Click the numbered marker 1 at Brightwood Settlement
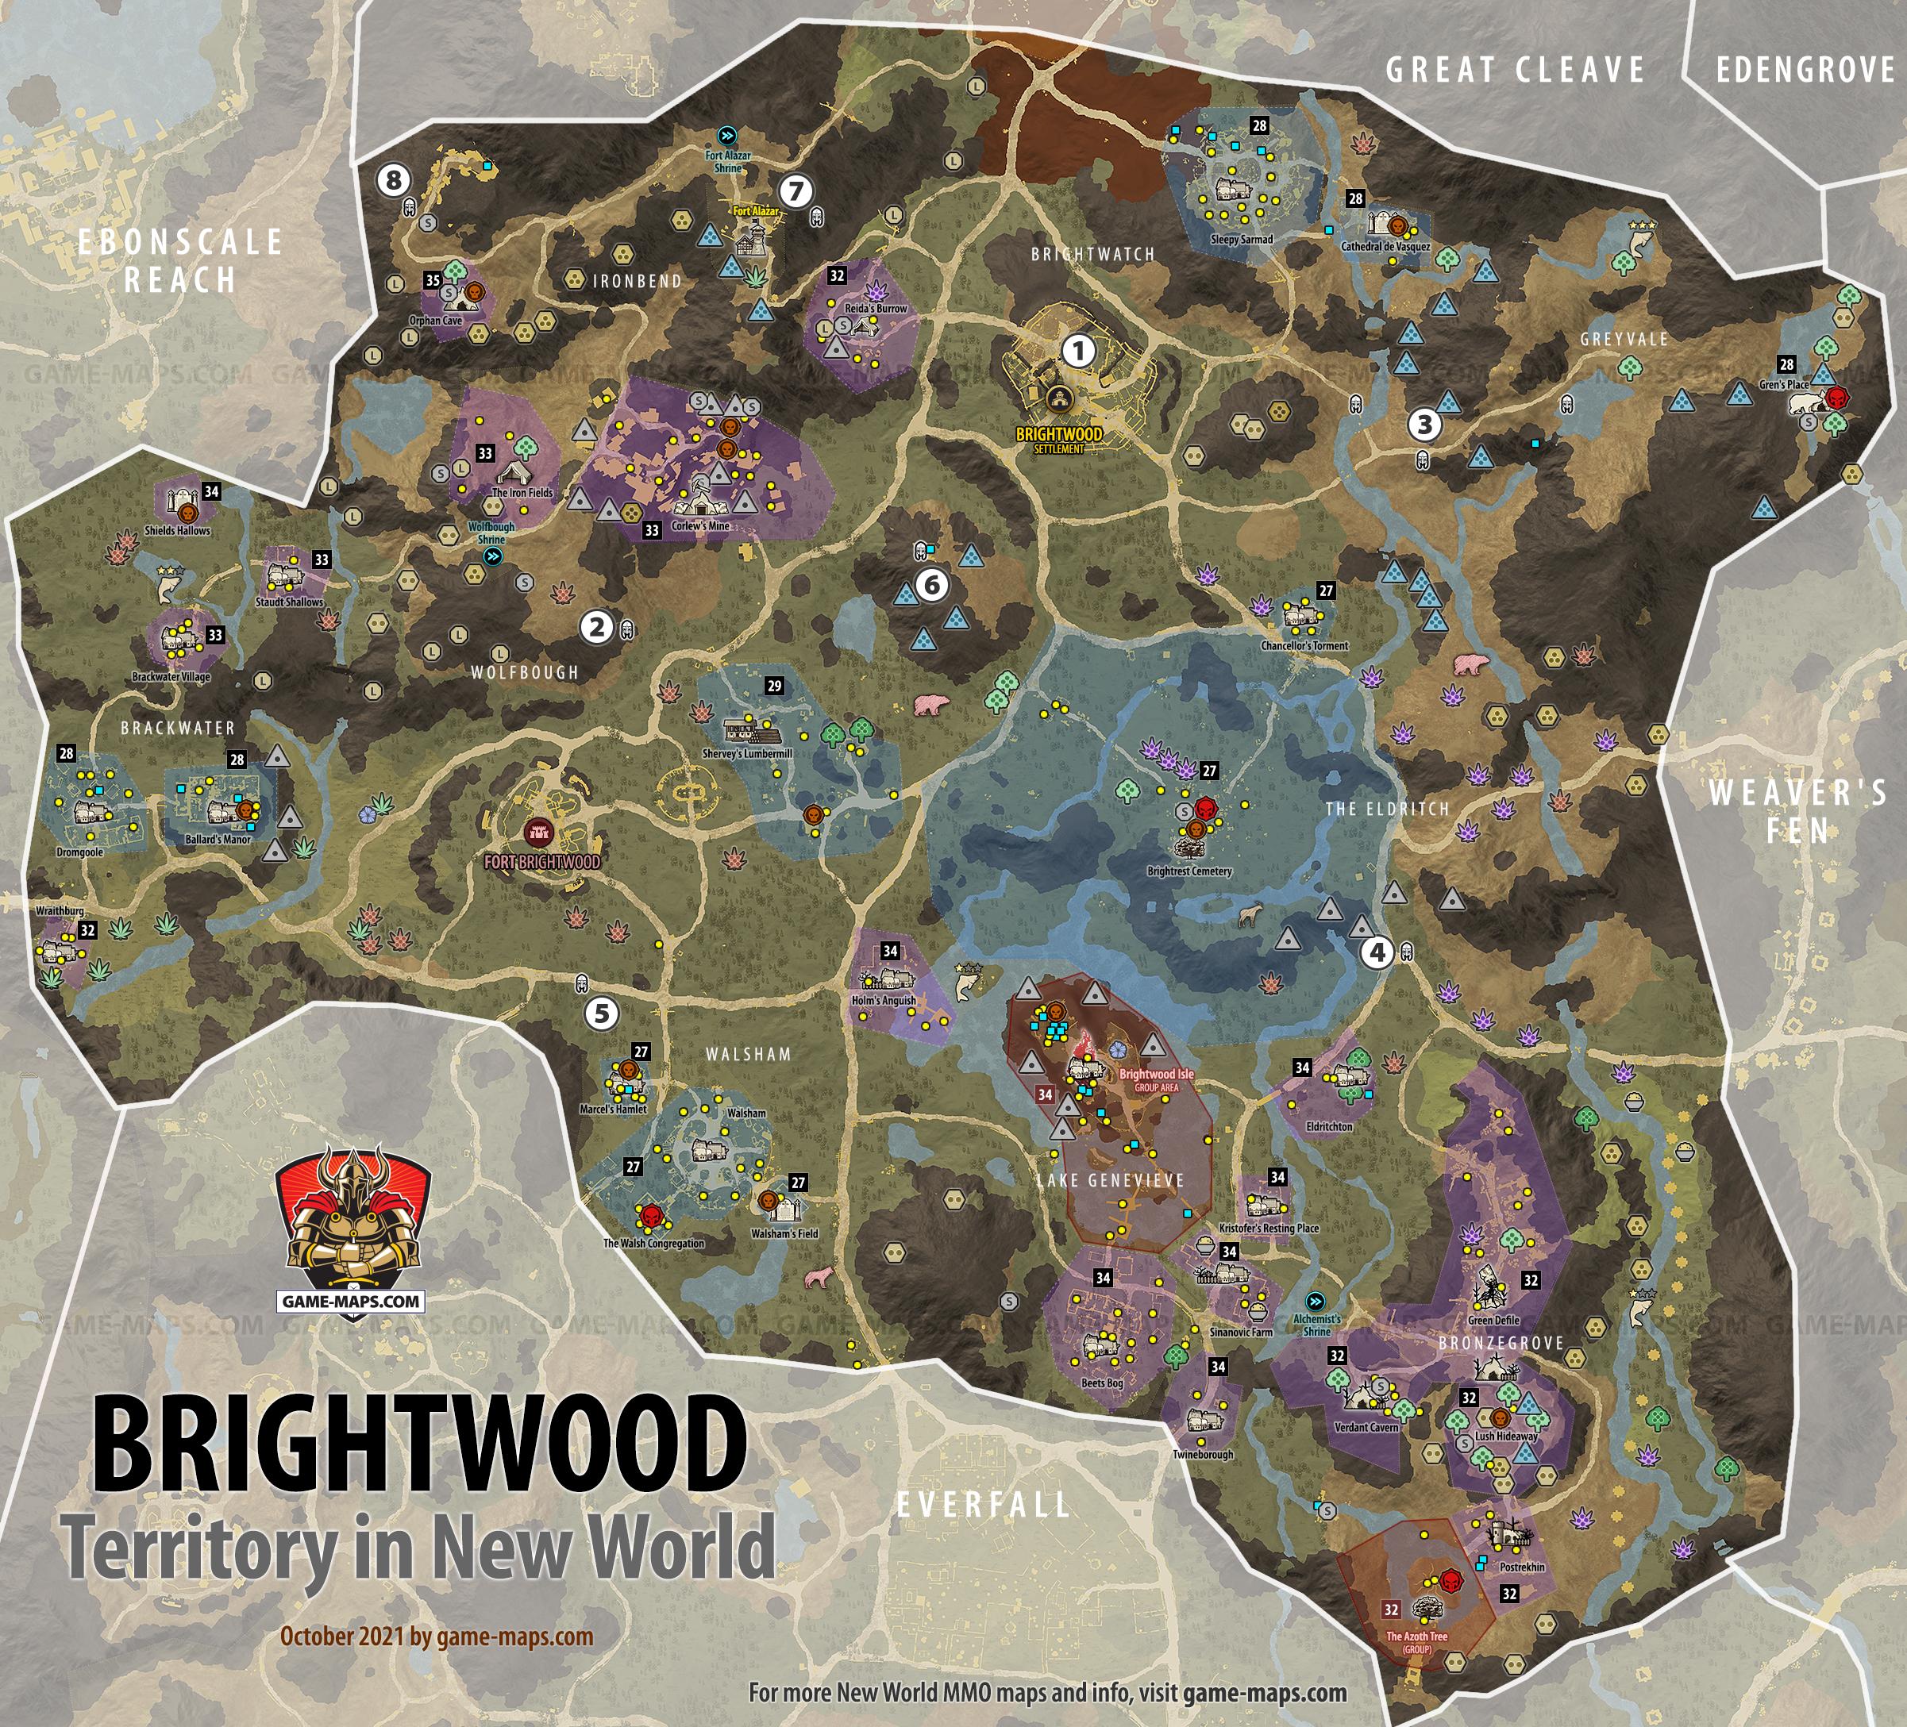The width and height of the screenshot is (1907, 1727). click(x=1077, y=351)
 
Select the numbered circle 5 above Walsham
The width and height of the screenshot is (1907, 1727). click(x=601, y=1013)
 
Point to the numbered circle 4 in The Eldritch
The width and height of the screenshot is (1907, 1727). click(x=1377, y=952)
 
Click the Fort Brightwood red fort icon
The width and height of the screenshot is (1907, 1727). click(x=539, y=833)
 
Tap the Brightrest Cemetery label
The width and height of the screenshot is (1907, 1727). click(x=1189, y=871)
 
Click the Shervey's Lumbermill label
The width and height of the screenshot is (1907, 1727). click(x=747, y=754)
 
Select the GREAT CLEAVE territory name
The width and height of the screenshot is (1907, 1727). click(x=1516, y=70)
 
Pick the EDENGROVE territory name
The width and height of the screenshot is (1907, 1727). click(x=1805, y=70)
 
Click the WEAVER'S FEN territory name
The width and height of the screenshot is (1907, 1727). click(x=1797, y=811)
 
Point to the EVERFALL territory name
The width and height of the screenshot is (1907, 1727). click(x=983, y=1504)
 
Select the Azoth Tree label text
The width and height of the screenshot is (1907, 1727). click(x=1416, y=1637)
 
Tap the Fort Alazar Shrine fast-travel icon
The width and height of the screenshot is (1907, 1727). click(x=726, y=134)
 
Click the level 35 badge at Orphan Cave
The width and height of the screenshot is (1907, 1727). click(x=433, y=280)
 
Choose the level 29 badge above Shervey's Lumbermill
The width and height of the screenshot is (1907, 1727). click(x=775, y=686)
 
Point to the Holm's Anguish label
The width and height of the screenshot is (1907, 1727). click(x=884, y=1000)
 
